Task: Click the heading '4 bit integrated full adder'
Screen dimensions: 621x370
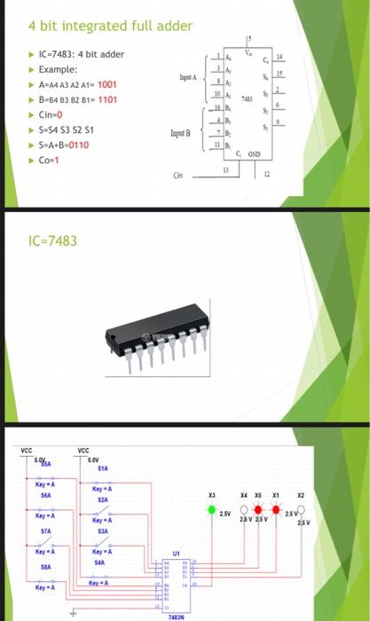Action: [x=110, y=26]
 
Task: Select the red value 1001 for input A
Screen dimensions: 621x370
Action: [x=102, y=84]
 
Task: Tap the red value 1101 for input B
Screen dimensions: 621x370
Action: [x=107, y=99]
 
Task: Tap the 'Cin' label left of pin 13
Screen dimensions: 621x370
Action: [x=178, y=176]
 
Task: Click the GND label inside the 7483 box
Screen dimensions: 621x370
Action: [x=254, y=153]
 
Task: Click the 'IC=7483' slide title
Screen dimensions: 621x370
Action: [x=52, y=240]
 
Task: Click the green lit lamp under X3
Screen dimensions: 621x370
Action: [x=212, y=510]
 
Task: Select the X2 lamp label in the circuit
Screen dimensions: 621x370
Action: [x=301, y=495]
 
